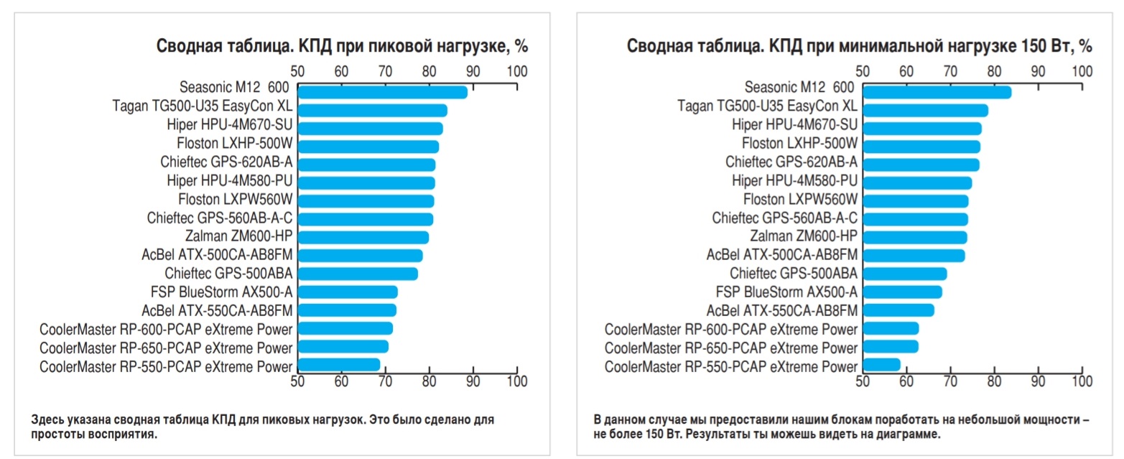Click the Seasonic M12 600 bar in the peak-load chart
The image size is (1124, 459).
pyautogui.click(x=382, y=92)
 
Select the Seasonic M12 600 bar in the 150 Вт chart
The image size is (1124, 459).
pyautogui.click(x=937, y=92)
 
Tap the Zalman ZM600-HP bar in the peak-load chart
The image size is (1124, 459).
pyautogui.click(x=363, y=237)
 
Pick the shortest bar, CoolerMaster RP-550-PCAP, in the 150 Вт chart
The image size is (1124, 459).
pyautogui.click(x=881, y=365)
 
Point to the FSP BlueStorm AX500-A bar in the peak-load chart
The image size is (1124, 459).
pyautogui.click(x=347, y=292)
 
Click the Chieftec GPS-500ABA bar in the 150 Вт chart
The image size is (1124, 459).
pyautogui.click(x=904, y=274)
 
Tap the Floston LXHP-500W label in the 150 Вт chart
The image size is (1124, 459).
pyautogui.click(x=799, y=142)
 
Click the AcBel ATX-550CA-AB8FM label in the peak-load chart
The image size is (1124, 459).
pyautogui.click(x=218, y=310)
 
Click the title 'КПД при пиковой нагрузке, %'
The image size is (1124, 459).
pyautogui.click(x=343, y=47)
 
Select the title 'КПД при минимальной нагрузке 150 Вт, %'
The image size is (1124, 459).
pyautogui.click(x=859, y=47)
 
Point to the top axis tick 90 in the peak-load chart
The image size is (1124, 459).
pyautogui.click(x=473, y=71)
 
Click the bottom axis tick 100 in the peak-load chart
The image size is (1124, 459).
pyautogui.click(x=516, y=381)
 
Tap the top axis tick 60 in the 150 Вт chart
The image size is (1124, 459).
pyautogui.click(x=906, y=71)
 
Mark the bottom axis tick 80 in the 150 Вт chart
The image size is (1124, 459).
pyautogui.click(x=994, y=381)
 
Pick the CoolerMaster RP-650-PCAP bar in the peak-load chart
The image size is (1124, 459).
pyautogui.click(x=343, y=346)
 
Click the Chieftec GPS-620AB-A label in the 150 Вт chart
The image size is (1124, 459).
pyautogui.click(x=791, y=161)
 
